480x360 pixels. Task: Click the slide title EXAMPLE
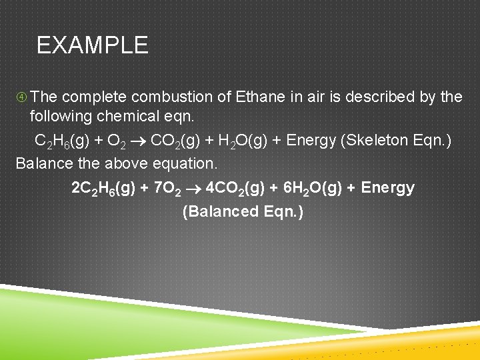point(92,45)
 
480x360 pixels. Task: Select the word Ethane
point(261,97)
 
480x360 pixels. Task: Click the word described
point(378,97)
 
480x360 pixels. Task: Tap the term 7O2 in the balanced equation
point(168,189)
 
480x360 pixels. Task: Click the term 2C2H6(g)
point(103,189)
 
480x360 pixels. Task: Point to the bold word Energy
point(387,188)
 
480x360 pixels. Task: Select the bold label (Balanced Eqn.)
point(243,211)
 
